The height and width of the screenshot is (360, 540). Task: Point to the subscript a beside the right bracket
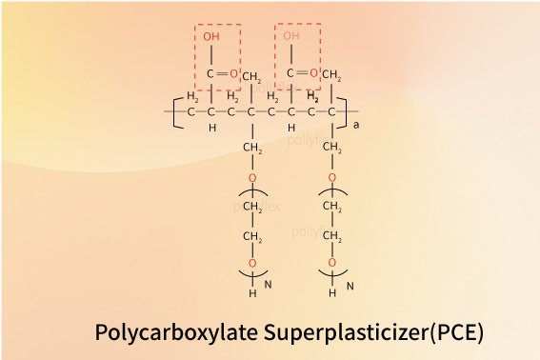[356, 124]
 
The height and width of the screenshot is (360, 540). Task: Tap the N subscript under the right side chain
[350, 285]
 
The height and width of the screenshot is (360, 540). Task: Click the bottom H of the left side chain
[252, 293]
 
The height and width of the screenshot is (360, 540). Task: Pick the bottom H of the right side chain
[332, 293]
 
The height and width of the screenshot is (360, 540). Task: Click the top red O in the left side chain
[252, 178]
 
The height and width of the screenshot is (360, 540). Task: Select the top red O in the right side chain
[332, 178]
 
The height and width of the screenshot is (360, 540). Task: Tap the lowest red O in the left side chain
[252, 263]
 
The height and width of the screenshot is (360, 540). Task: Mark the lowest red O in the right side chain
[332, 263]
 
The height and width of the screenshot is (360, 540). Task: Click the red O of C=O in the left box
[233, 72]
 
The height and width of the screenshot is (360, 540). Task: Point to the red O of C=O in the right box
[313, 72]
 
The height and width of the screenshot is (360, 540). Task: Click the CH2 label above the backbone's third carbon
[252, 77]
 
